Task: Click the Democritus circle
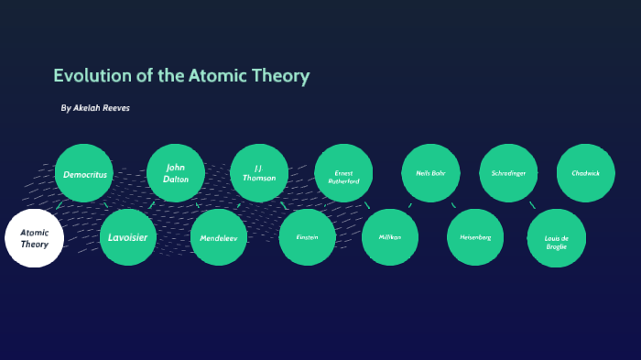pos(84,173)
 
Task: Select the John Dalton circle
pos(175,173)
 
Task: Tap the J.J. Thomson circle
pos(259,173)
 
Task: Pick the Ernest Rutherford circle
pos(343,174)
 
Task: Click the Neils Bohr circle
pos(430,173)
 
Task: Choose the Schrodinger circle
pos(508,173)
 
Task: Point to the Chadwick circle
pos(585,173)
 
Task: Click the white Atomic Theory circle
pos(35,238)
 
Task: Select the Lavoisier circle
pos(128,237)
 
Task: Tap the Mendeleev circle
pos(219,237)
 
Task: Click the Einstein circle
pos(308,237)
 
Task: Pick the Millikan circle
pos(390,237)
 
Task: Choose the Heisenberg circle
pos(475,237)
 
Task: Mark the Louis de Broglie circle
pos(557,238)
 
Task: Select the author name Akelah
pos(91,108)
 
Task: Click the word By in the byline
pos(65,108)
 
